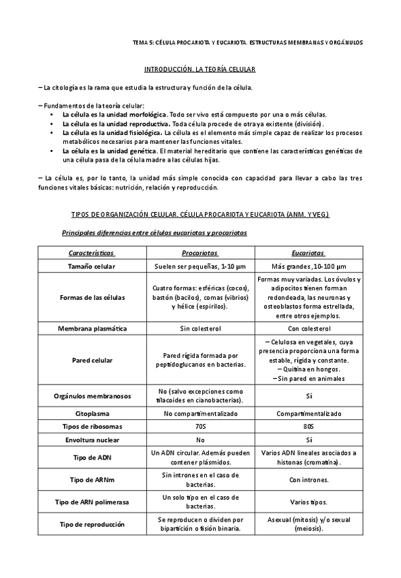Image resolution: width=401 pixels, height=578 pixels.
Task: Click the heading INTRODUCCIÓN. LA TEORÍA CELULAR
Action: [199, 70]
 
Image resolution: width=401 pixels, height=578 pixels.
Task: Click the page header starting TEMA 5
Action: [248, 42]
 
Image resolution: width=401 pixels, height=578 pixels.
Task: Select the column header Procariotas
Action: [199, 252]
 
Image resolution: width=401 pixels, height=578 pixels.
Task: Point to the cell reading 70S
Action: [199, 426]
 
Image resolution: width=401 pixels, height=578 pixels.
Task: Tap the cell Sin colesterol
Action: [199, 329]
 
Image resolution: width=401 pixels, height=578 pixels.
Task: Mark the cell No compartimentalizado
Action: [199, 413]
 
